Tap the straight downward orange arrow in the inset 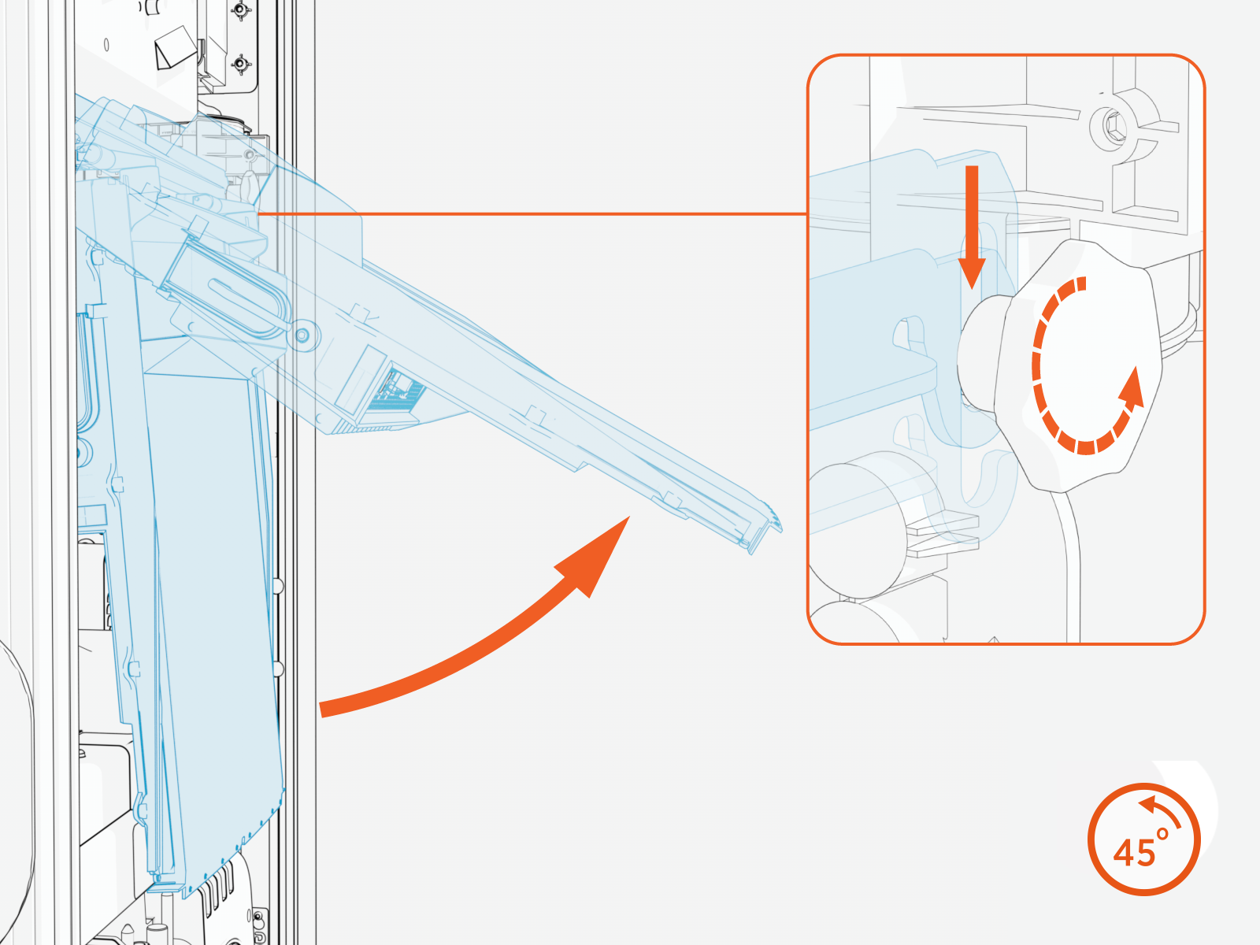(972, 228)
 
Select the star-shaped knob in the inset (1078, 366)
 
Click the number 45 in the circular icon (1134, 853)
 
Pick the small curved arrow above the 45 (1159, 809)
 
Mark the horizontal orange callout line (532, 214)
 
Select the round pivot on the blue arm (302, 335)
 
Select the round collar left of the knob (980, 354)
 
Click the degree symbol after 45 (1162, 834)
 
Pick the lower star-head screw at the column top (240, 63)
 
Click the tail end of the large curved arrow (321, 710)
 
